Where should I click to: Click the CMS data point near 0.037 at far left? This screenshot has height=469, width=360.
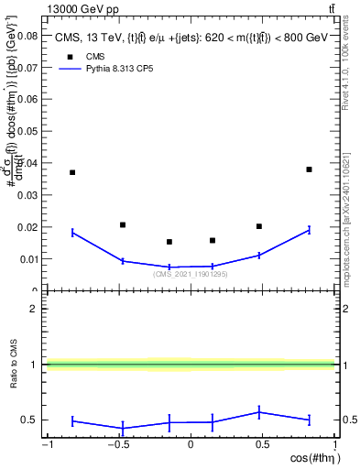click(72, 172)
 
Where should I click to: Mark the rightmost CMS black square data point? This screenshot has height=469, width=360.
click(310, 169)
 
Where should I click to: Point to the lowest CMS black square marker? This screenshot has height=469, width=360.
click(169, 242)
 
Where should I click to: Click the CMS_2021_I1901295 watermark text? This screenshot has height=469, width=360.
click(191, 274)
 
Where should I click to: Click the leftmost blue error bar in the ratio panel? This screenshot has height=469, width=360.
click(72, 421)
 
